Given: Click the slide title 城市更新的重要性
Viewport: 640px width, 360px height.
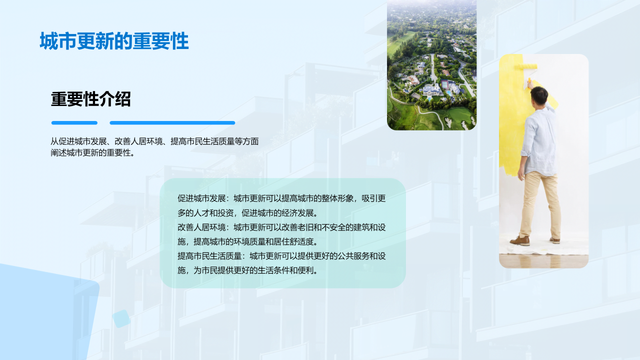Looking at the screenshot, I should [x=114, y=41].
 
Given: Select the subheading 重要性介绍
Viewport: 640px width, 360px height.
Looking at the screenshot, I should [x=90, y=99].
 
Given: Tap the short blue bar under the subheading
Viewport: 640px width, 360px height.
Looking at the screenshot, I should [x=74, y=122].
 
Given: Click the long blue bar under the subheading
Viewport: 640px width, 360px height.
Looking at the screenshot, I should [x=172, y=122].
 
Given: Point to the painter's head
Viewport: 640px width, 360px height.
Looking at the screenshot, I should [x=539, y=95].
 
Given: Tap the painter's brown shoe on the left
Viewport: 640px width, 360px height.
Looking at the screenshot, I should [x=520, y=240].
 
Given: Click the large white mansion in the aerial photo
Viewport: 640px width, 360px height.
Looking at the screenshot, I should [x=431, y=90].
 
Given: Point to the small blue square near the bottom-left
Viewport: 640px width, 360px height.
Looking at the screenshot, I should [x=120, y=318].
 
